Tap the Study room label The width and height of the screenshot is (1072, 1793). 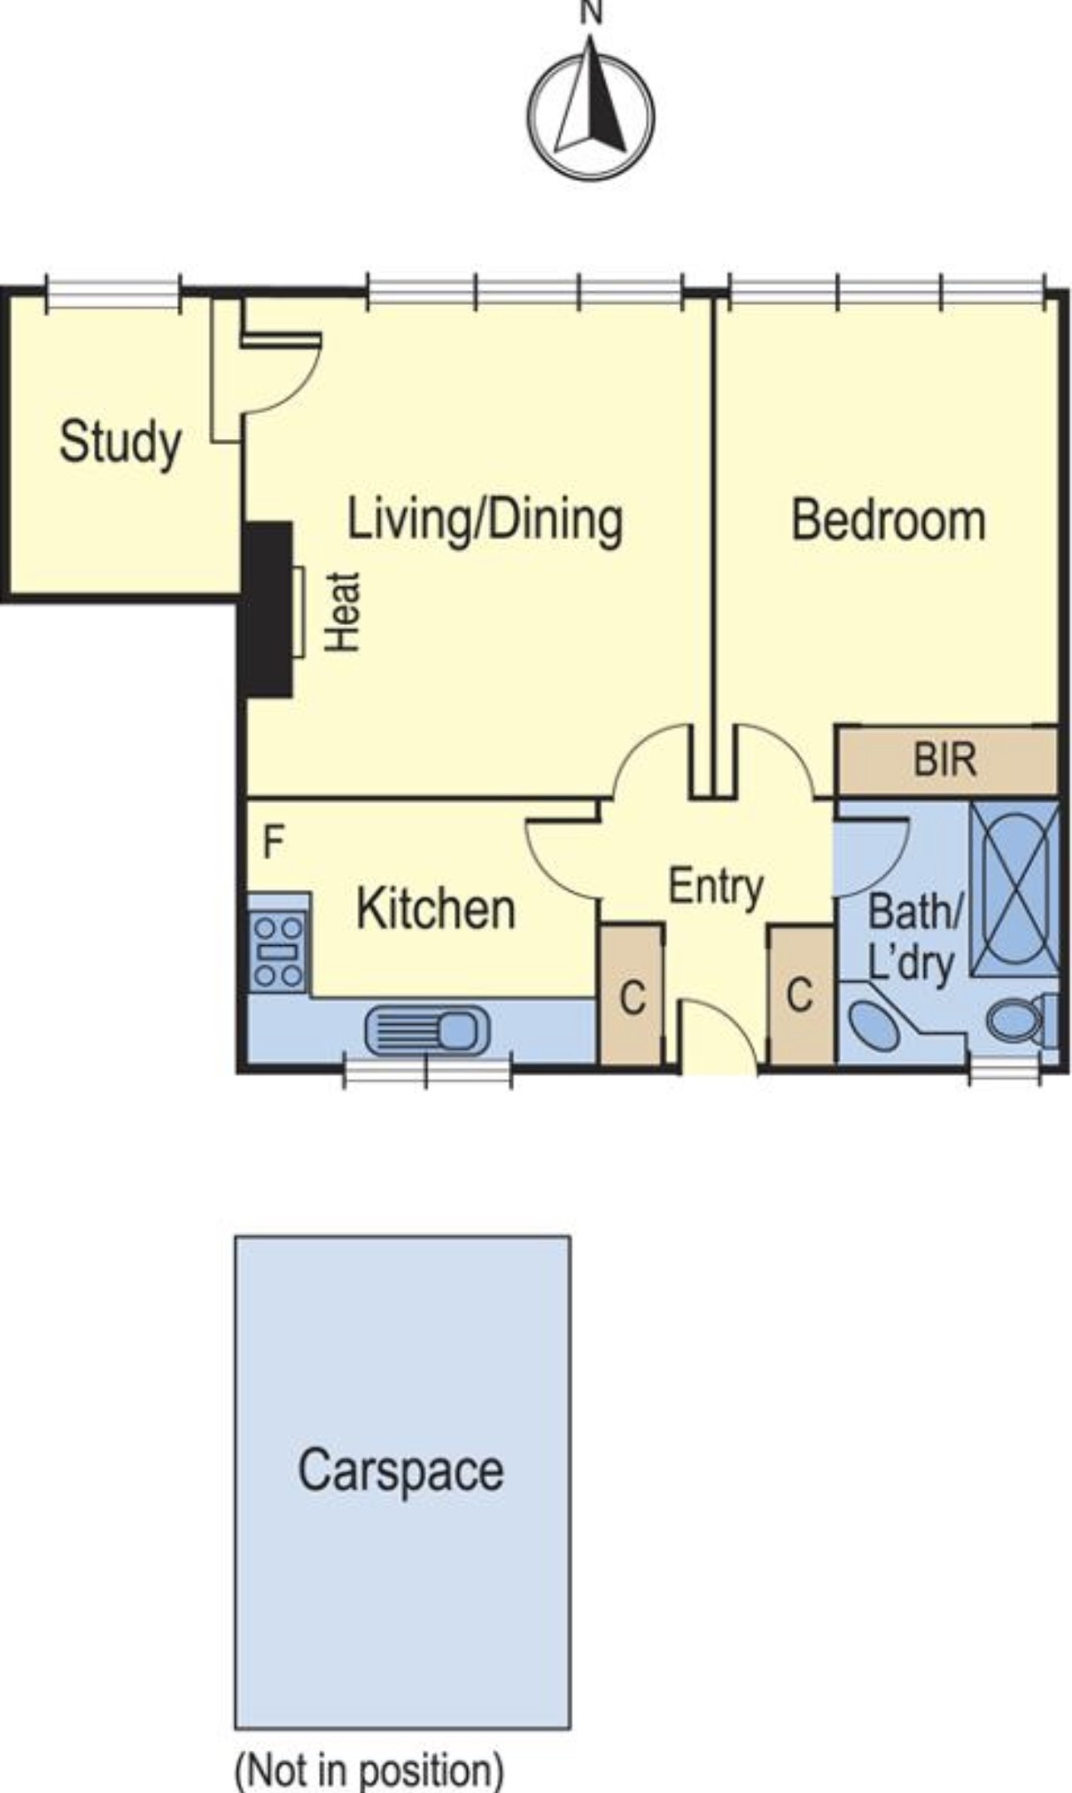point(120,443)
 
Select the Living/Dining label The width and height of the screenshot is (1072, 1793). point(484,521)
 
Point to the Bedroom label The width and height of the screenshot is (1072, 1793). point(888,520)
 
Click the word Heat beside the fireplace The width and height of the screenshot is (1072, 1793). point(342,612)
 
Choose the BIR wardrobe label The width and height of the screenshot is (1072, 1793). point(945,760)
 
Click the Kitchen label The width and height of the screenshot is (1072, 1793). point(436,909)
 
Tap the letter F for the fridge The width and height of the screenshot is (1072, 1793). point(273,843)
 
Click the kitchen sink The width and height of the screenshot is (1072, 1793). point(427,1032)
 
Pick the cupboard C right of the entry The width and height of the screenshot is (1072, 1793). point(799,995)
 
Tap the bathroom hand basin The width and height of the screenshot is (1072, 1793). point(873,1024)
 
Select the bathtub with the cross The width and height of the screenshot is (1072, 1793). point(1015,889)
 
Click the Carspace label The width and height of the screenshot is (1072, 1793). point(401,1469)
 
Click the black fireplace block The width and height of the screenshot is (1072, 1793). point(267,609)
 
